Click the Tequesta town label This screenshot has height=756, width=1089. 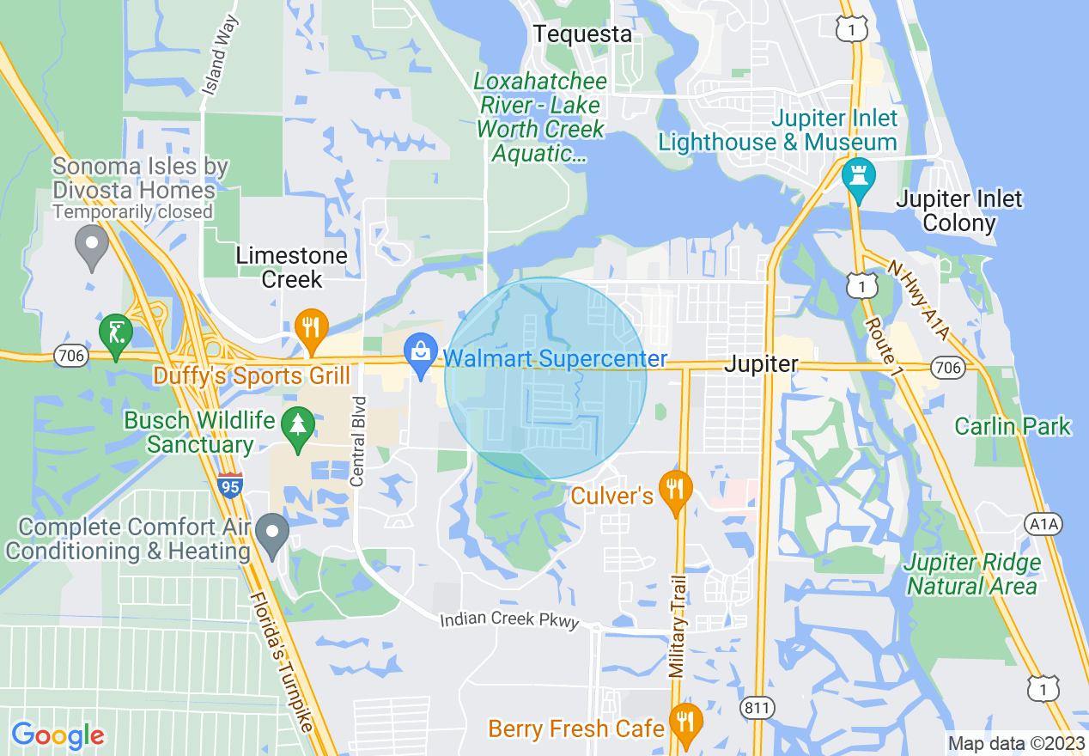point(582,34)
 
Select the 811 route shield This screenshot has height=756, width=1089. point(757,708)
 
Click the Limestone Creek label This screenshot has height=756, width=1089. point(291,267)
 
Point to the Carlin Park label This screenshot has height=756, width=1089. point(1013,426)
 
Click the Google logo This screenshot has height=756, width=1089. point(58,735)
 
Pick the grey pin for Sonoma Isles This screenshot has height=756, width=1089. point(91,247)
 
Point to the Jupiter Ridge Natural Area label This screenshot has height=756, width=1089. point(972,575)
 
